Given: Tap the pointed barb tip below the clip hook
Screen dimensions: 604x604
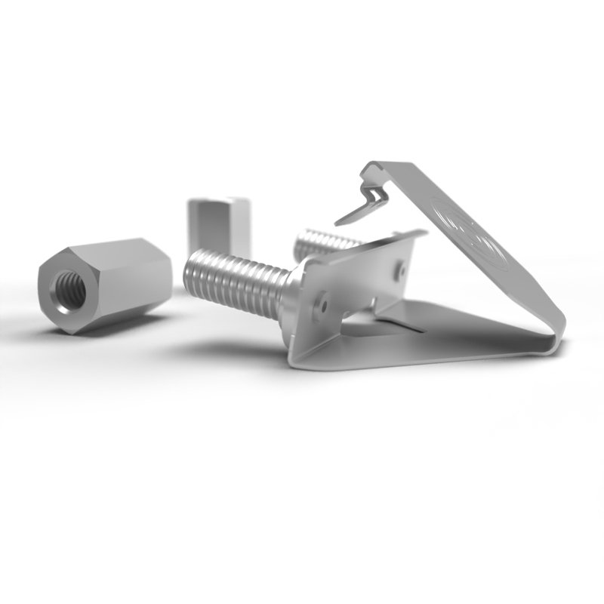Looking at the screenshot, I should [x=339, y=223].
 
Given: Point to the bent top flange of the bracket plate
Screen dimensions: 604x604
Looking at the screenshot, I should [x=362, y=249].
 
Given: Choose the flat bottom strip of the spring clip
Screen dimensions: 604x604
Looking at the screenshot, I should [x=453, y=347].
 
